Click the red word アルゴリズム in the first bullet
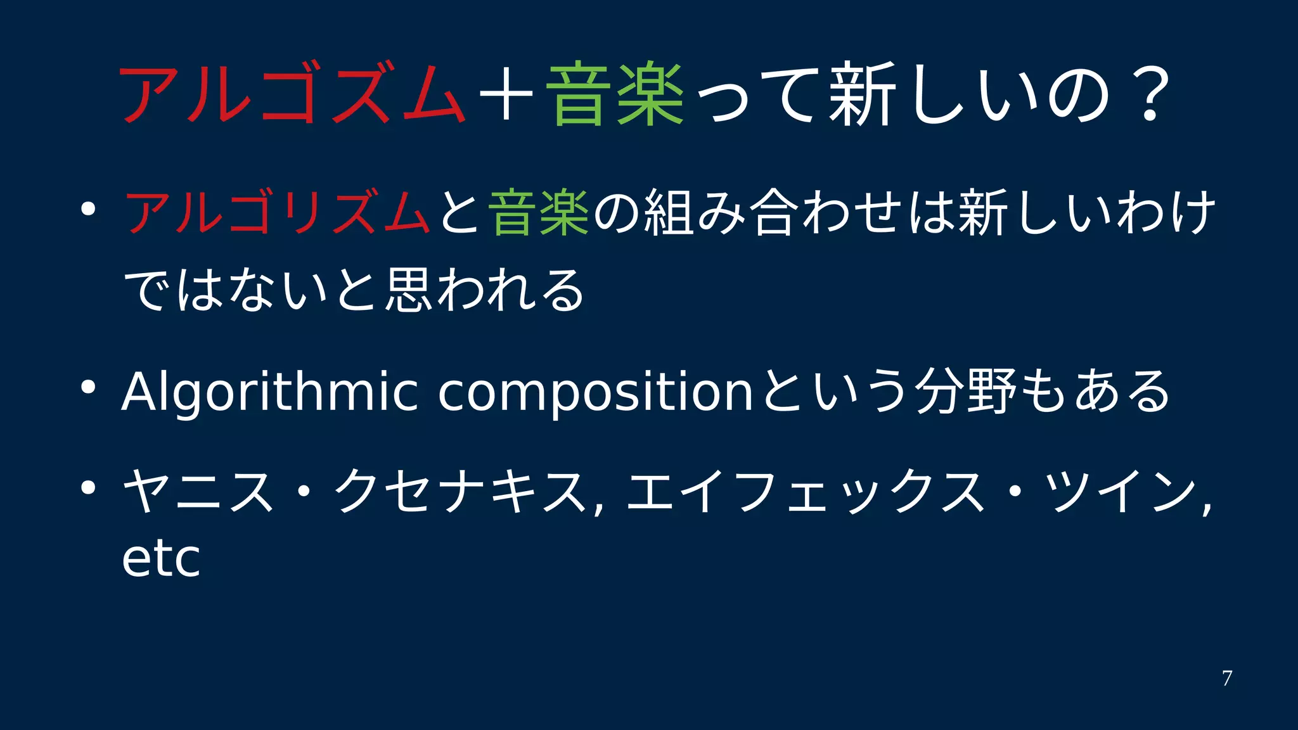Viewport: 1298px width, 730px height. coord(278,213)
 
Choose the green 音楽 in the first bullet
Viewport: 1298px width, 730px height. coord(539,213)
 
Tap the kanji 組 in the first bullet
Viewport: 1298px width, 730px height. coord(669,213)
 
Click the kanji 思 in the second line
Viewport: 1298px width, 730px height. coord(409,290)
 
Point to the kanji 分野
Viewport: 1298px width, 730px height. coord(967,392)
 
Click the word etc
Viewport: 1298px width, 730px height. coord(161,559)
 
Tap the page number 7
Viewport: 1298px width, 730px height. coord(1227,678)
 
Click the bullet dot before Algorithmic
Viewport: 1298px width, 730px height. coord(88,386)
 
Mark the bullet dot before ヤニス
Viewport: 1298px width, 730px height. coord(88,487)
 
